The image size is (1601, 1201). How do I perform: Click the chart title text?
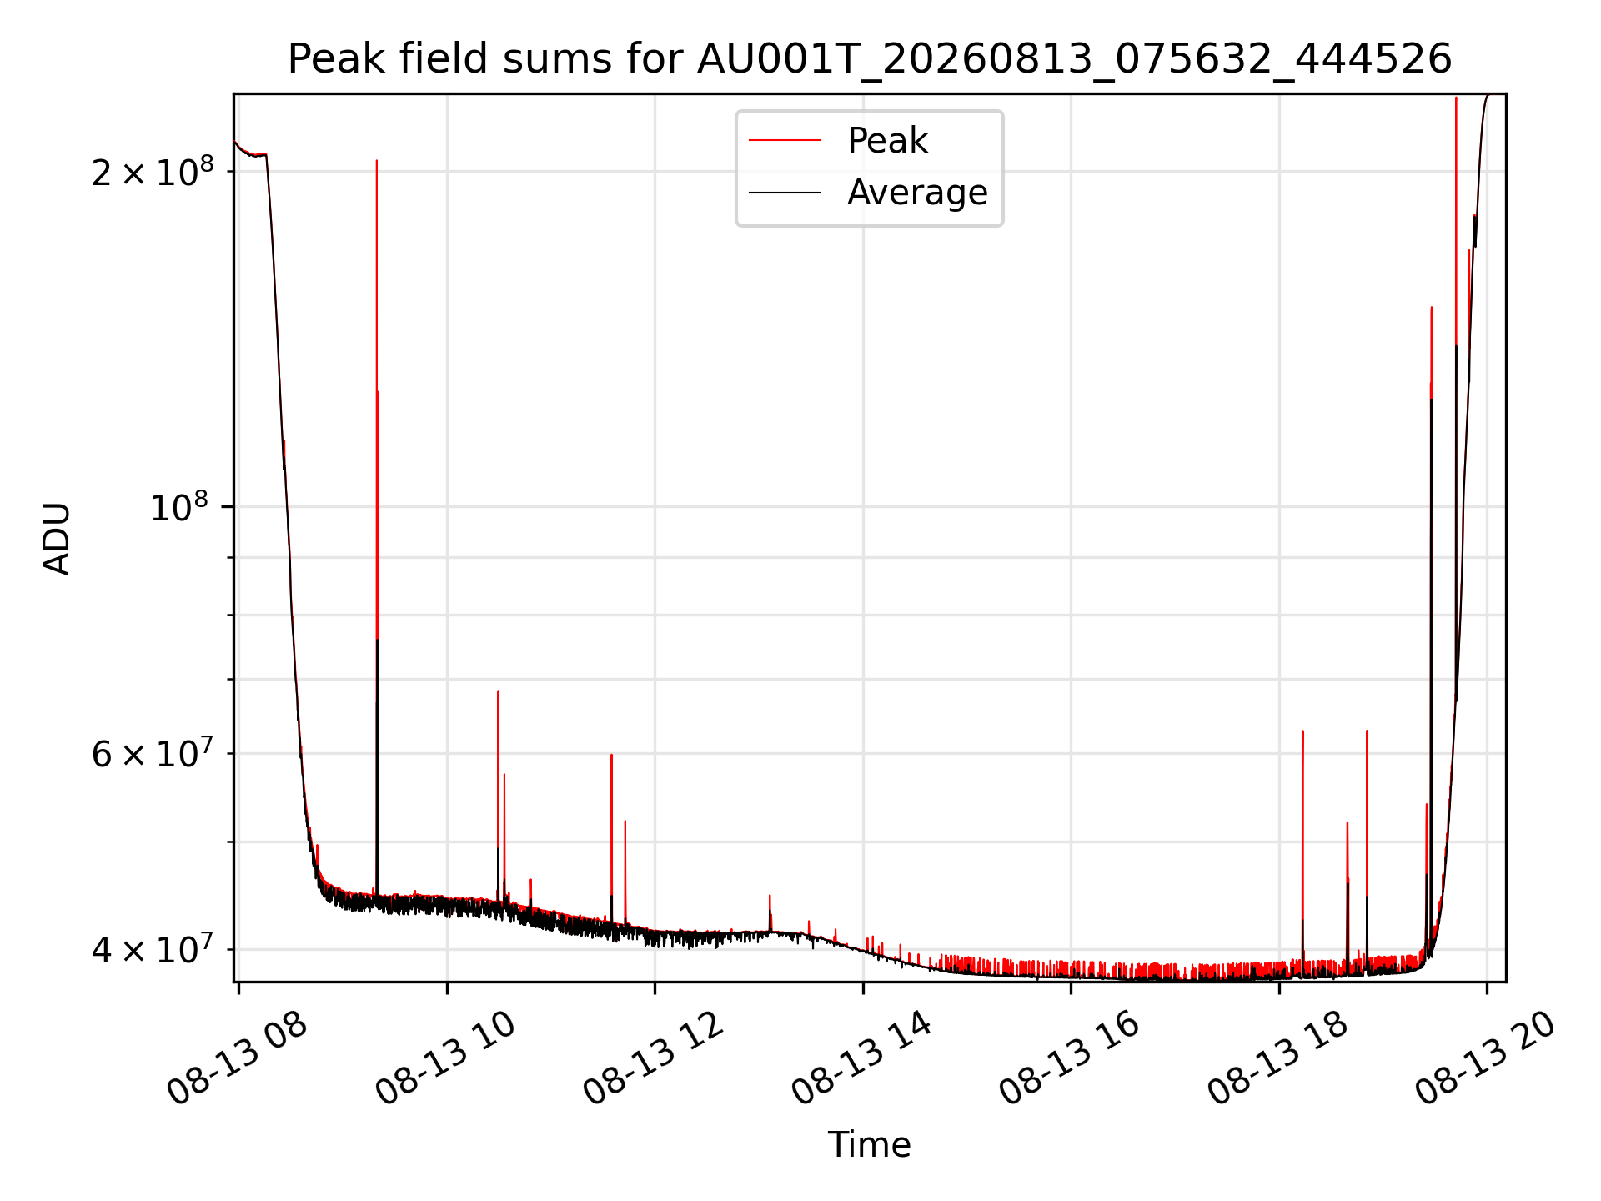(870, 59)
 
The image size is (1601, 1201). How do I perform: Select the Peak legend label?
(887, 140)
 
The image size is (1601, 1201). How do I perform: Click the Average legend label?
(917, 193)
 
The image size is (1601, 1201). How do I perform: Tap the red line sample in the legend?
(785, 140)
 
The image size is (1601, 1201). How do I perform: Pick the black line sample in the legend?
(785, 193)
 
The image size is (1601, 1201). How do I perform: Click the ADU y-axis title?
(57, 538)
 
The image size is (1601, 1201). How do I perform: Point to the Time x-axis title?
(869, 1144)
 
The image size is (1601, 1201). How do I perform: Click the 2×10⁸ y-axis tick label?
(153, 171)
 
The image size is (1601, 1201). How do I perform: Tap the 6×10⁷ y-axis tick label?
(153, 753)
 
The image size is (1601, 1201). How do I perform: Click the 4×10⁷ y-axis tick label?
(153, 949)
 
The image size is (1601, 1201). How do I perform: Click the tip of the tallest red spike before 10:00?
(377, 160)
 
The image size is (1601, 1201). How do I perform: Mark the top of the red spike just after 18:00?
(1302, 731)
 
